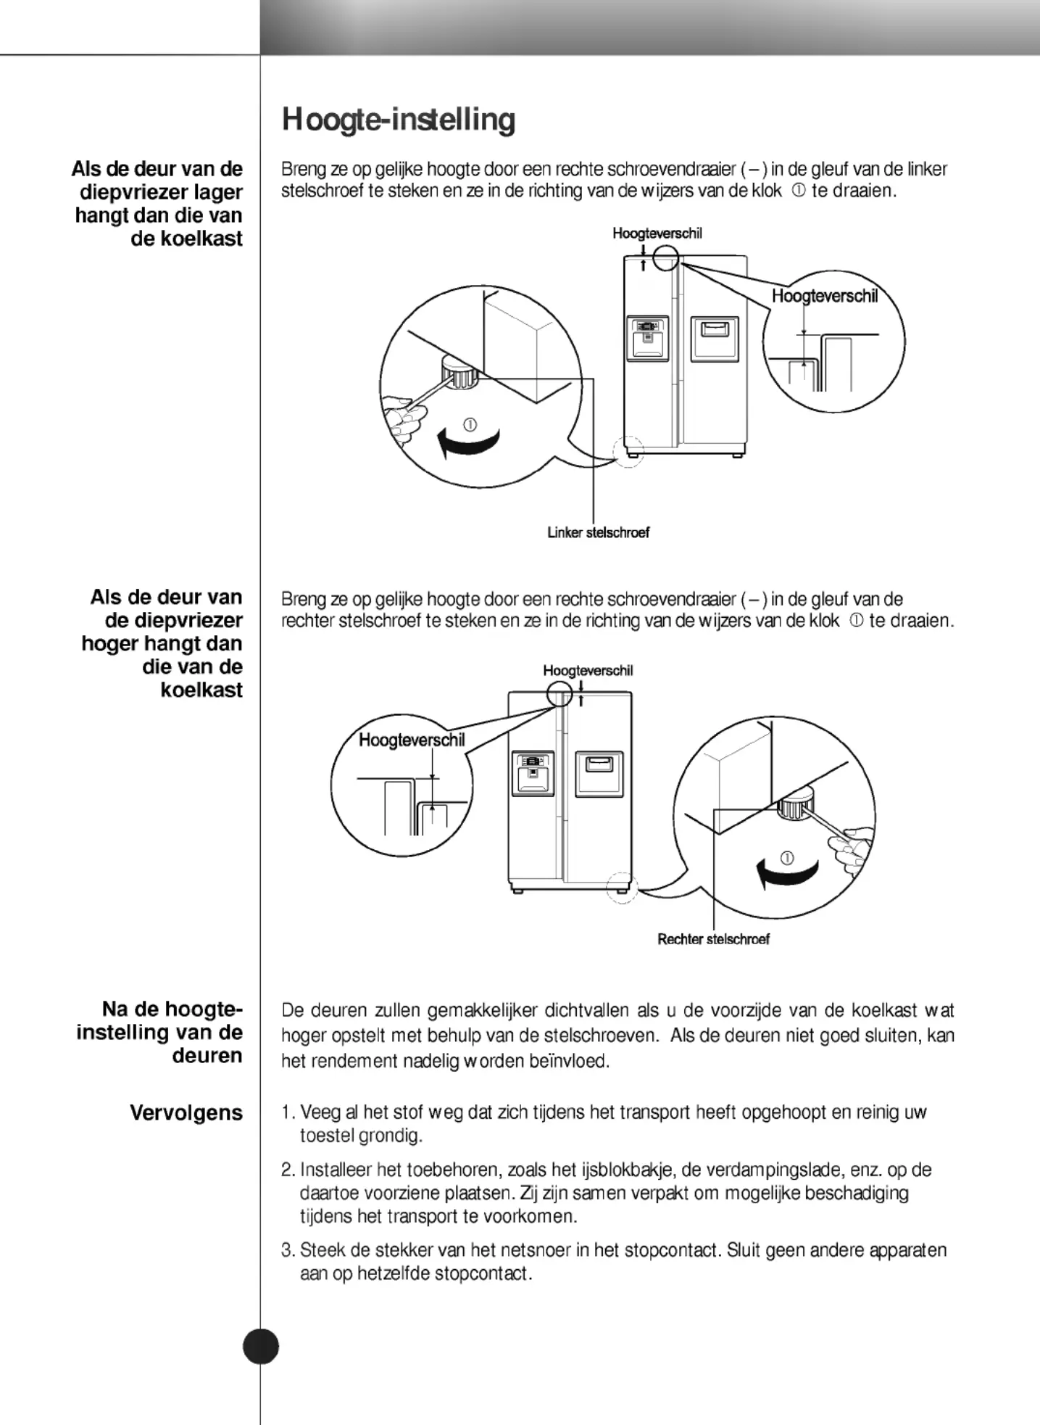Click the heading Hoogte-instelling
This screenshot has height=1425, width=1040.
pos(399,120)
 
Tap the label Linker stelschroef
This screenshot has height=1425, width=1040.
pos(598,532)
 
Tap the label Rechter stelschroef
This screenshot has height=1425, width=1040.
pos(713,939)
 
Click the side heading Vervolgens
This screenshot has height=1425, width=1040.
pos(186,1112)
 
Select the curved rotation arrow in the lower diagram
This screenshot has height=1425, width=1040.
pos(786,872)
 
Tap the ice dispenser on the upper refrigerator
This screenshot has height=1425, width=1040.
pos(646,339)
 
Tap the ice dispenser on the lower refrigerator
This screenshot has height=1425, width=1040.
pos(534,773)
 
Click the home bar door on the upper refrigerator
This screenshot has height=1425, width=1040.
pos(715,339)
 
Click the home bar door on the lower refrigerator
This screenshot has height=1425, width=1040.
pos(599,773)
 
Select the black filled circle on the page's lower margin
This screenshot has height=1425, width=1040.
pos(261,1347)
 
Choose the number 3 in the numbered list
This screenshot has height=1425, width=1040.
pos(288,1250)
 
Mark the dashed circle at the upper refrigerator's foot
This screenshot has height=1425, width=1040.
pos(628,452)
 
